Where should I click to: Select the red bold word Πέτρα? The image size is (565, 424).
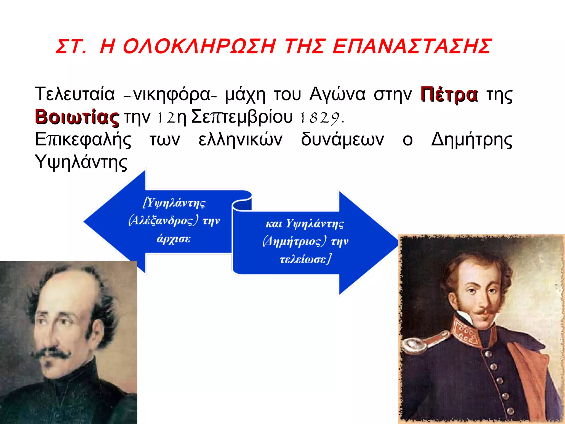pyautogui.click(x=449, y=95)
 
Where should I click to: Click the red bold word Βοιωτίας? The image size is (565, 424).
pyautogui.click(x=77, y=117)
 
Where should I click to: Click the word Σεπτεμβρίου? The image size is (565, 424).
pyautogui.click(x=242, y=117)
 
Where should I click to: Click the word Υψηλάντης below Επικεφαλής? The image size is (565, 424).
pyautogui.click(x=81, y=162)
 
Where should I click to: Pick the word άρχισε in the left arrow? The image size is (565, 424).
pyautogui.click(x=174, y=239)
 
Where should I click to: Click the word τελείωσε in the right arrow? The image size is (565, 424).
pyautogui.click(x=305, y=259)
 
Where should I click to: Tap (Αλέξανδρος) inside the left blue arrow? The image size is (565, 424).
pyautogui.click(x=163, y=221)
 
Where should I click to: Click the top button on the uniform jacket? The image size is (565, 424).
pyautogui.click(x=488, y=354)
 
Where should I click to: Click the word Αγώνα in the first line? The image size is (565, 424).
pyautogui.click(x=337, y=95)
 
